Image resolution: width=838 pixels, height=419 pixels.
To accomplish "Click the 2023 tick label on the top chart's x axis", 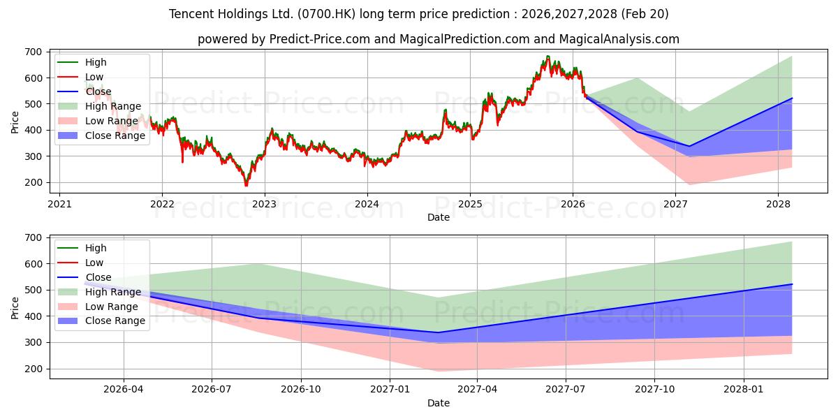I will click(265, 205).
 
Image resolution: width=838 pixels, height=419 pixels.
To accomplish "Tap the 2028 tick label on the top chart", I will click(778, 205).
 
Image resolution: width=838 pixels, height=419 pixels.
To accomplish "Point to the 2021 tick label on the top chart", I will click(59, 205).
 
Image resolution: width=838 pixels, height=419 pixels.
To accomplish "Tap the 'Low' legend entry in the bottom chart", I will click(94, 263).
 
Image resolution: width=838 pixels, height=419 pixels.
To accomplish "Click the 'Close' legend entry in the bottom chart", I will click(98, 277).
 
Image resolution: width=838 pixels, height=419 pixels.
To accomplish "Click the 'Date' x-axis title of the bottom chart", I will click(439, 403).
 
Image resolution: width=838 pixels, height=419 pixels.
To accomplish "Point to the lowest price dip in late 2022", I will click(246, 185).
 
